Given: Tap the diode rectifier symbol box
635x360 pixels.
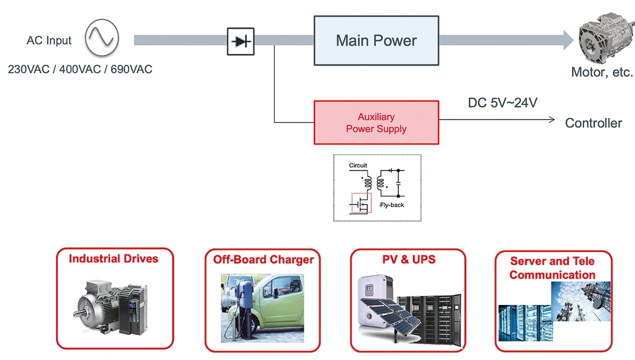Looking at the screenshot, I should [x=241, y=41].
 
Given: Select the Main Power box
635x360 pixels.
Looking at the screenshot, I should [x=376, y=41].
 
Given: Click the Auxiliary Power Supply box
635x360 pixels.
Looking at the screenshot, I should [x=376, y=123].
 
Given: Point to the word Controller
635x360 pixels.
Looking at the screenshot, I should [x=593, y=123].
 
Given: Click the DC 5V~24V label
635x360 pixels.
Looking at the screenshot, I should [x=503, y=103].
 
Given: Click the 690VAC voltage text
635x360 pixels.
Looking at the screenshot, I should [x=131, y=69].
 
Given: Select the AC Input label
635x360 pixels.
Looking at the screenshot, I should [x=49, y=41].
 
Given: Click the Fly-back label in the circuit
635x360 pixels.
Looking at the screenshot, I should [x=391, y=205].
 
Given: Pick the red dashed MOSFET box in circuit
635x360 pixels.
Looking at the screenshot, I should [x=361, y=203].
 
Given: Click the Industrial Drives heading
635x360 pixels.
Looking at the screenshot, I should [x=114, y=259].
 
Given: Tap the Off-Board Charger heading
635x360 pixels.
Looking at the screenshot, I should [x=263, y=260].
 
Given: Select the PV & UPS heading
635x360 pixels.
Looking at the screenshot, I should [x=409, y=259].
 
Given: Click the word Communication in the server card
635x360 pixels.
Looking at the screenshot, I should [x=552, y=275].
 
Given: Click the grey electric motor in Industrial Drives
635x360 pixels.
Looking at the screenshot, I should [x=97, y=305].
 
